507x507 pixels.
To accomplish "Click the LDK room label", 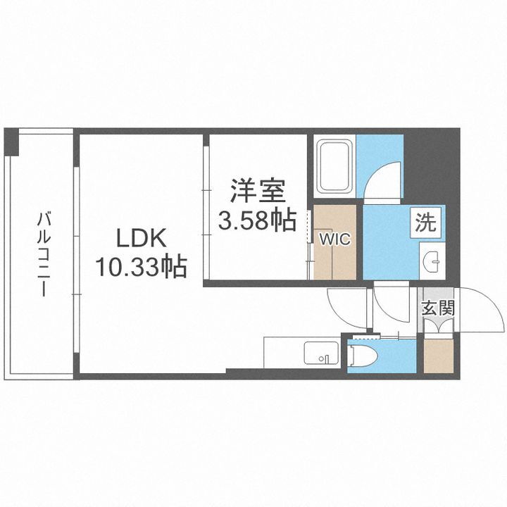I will [x=141, y=239].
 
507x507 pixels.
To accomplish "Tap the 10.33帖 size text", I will [x=141, y=267].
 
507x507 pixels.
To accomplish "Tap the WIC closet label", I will [x=334, y=238].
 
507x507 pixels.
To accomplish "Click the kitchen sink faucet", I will [x=326, y=359].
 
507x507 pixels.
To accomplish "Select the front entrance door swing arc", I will [x=479, y=310].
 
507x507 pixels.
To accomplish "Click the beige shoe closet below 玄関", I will [x=437, y=356].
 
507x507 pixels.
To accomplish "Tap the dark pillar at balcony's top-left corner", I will [x=10, y=142].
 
